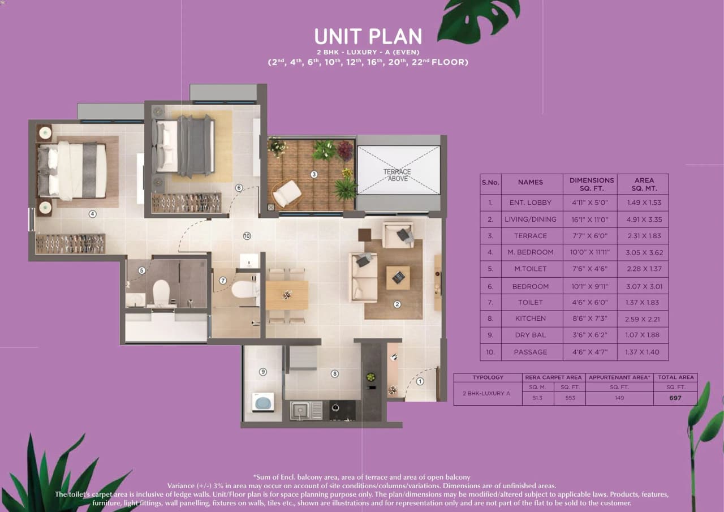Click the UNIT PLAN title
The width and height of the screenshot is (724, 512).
click(x=368, y=36)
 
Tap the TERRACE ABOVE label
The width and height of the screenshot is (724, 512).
click(x=397, y=175)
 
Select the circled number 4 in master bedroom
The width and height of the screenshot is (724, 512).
click(x=92, y=214)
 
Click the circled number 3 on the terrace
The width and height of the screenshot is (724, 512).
click(x=314, y=174)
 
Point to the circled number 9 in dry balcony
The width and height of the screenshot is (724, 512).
click(x=262, y=372)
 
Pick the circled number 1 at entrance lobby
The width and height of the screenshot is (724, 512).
click(x=420, y=381)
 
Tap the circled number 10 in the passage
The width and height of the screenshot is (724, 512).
click(x=247, y=236)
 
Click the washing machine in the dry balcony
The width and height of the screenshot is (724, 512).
click(x=262, y=402)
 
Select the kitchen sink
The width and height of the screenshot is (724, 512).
click(x=306, y=410)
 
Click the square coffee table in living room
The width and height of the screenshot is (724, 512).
click(x=398, y=277)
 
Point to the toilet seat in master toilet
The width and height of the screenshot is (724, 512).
click(x=161, y=291)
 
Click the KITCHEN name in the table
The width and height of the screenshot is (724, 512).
click(x=530, y=319)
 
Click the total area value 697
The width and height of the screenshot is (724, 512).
click(x=675, y=398)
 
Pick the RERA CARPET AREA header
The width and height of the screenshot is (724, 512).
click(x=553, y=377)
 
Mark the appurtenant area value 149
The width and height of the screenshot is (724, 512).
click(x=619, y=398)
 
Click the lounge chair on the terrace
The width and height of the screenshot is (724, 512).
click(x=287, y=193)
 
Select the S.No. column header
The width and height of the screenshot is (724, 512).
click(x=490, y=182)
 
